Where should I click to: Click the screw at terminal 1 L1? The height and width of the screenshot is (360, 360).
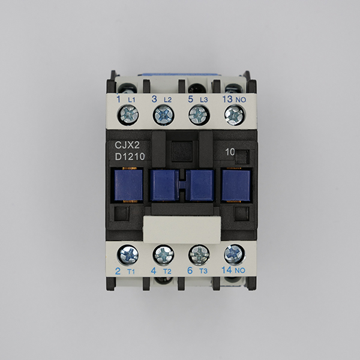click(128, 115)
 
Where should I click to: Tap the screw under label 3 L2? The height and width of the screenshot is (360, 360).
click(163, 115)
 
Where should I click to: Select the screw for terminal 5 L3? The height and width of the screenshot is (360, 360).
click(199, 115)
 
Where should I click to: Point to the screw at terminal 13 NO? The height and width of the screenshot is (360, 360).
click(235, 115)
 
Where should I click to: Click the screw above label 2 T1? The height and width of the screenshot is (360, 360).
click(128, 255)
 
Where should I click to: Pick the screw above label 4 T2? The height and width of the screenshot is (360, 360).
click(163, 255)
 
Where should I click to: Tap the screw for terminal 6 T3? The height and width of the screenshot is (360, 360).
click(199, 255)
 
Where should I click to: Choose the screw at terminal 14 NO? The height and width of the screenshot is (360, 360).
click(235, 254)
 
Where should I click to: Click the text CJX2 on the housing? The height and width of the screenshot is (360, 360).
click(127, 145)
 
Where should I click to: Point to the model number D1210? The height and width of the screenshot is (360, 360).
click(130, 157)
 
